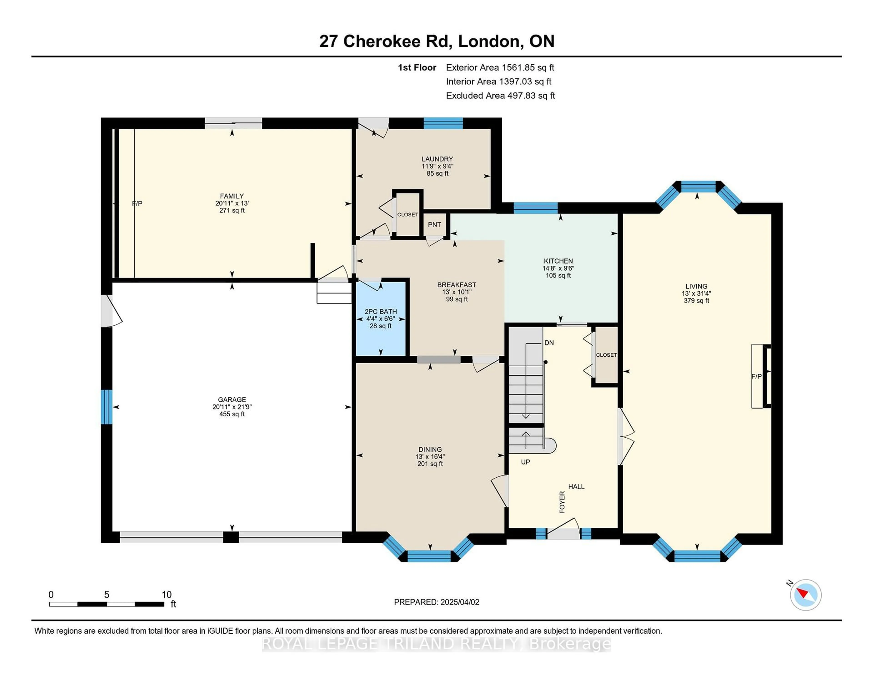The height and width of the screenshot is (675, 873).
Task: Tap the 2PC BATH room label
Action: (381, 312)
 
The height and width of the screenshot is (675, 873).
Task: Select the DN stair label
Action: (549, 343)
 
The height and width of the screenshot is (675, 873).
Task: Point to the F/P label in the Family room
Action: (137, 204)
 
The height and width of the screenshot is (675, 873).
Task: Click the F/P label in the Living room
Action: (756, 376)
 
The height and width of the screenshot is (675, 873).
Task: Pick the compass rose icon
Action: (805, 595)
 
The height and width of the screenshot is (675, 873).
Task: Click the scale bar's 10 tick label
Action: (166, 595)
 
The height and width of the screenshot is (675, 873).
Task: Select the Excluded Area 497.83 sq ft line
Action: (500, 96)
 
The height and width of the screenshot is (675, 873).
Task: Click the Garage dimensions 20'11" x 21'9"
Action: (232, 407)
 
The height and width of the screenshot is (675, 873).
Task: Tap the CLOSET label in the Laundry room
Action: (407, 215)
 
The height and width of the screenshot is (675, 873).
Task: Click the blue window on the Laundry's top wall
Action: (443, 123)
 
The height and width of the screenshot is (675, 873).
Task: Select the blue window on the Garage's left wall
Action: (106, 407)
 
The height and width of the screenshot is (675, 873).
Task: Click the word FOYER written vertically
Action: (562, 502)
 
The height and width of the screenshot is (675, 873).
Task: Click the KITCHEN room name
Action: (558, 261)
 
